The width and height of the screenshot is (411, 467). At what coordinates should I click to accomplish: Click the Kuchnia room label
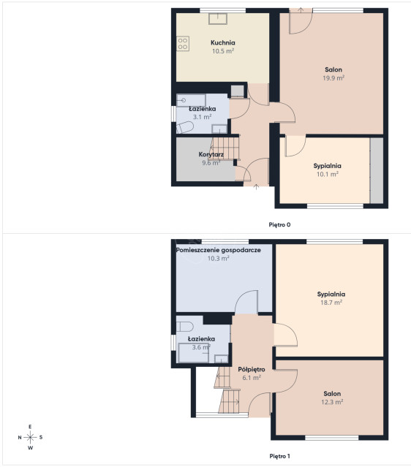tap(222, 42)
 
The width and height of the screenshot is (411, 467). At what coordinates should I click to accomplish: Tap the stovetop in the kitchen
tap(183, 43)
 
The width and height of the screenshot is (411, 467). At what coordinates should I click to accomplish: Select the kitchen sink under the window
tap(218, 18)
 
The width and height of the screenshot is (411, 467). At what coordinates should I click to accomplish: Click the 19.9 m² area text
tap(333, 78)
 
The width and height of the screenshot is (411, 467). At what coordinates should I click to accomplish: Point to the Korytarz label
tap(211, 154)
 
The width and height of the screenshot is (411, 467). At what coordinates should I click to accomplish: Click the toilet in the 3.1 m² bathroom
tap(185, 127)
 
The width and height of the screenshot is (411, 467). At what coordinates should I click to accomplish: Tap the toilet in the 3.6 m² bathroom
tap(184, 327)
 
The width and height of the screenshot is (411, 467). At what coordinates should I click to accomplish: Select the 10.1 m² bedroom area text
tap(327, 174)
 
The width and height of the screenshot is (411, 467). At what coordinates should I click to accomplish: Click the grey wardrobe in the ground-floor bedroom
tap(377, 170)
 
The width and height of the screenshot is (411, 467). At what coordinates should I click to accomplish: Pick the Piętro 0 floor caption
tap(279, 224)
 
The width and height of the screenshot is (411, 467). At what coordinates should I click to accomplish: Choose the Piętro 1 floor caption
tap(279, 456)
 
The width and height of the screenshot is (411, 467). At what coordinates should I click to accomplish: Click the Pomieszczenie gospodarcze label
tap(219, 250)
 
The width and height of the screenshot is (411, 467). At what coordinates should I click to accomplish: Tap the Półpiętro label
tap(252, 369)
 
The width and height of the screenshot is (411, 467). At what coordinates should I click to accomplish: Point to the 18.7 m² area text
tap(331, 303)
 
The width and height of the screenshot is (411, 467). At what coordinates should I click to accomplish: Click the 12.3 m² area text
tap(332, 402)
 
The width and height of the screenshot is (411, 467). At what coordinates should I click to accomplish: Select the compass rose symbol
tap(30, 437)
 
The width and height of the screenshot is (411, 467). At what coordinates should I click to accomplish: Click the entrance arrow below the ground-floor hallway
tap(256, 187)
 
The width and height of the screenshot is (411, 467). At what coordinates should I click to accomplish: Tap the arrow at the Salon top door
tap(301, 10)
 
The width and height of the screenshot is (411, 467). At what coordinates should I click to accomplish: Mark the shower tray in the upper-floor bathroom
tap(193, 353)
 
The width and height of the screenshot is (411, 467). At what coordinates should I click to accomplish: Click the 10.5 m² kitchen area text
tap(223, 51)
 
